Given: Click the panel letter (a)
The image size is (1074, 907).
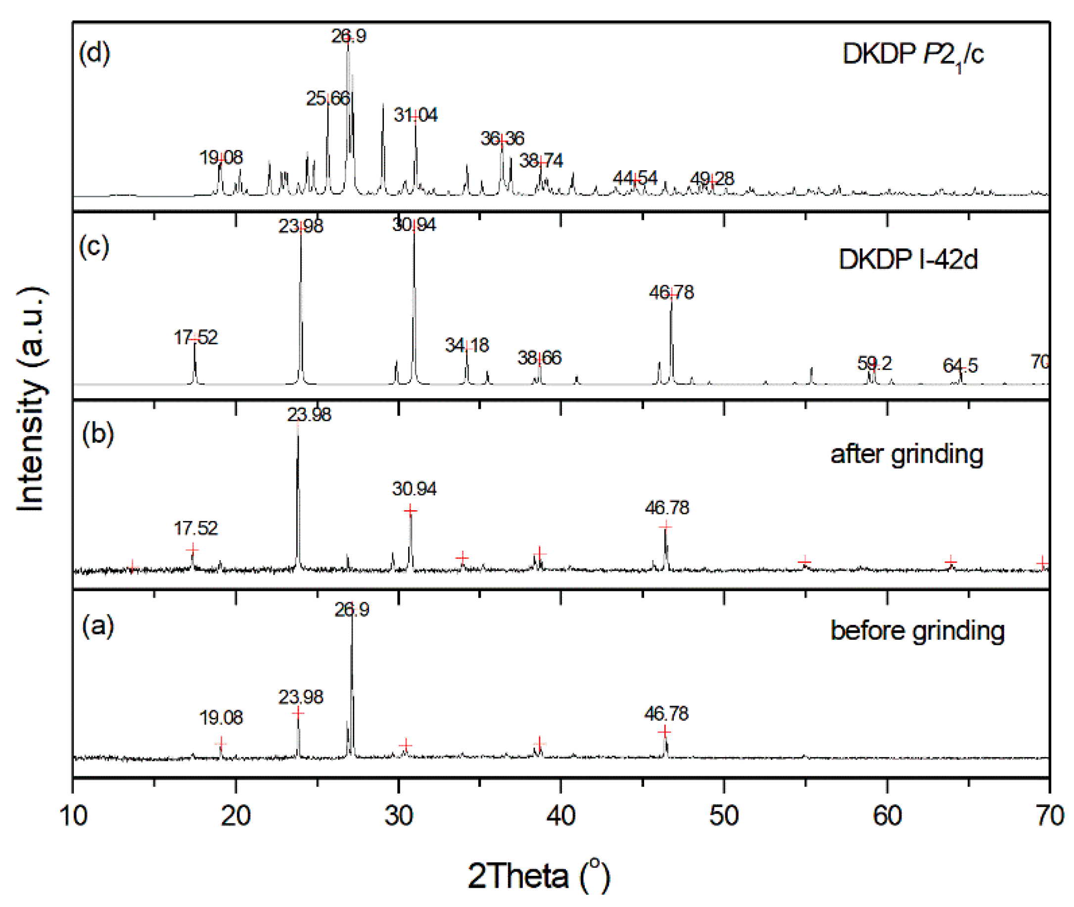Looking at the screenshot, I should click(97, 626).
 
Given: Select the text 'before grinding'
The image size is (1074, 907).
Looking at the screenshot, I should click(917, 631).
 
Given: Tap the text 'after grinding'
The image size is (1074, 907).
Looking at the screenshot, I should click(906, 455).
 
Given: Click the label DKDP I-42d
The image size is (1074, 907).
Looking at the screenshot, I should click(908, 259).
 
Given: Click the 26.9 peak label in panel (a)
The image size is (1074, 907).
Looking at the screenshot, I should click(352, 610).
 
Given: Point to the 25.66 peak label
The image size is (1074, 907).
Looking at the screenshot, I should click(327, 98).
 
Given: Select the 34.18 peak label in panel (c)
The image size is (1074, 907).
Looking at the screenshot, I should click(467, 345).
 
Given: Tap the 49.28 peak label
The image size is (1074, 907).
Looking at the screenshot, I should click(711, 179).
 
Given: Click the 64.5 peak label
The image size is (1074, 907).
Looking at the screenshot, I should click(959, 366).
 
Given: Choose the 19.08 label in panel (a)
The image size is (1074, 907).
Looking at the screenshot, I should click(221, 717).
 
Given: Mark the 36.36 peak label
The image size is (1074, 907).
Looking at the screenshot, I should click(502, 139).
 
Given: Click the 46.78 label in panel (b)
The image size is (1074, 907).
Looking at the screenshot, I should click(667, 508).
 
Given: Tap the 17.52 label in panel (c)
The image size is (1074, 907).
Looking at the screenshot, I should click(195, 338).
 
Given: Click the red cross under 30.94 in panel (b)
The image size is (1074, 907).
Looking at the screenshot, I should click(410, 511).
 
